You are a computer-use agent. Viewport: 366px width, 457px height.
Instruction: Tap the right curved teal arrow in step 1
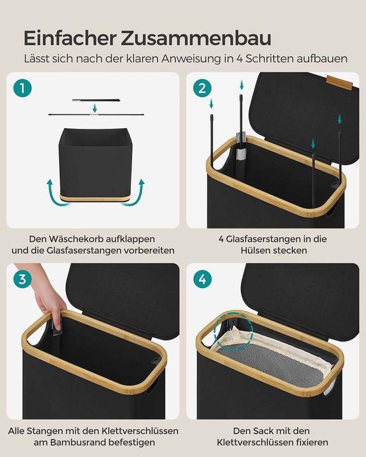(x=138, y=189)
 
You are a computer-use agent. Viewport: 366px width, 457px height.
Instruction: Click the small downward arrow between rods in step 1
(x=94, y=108)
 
